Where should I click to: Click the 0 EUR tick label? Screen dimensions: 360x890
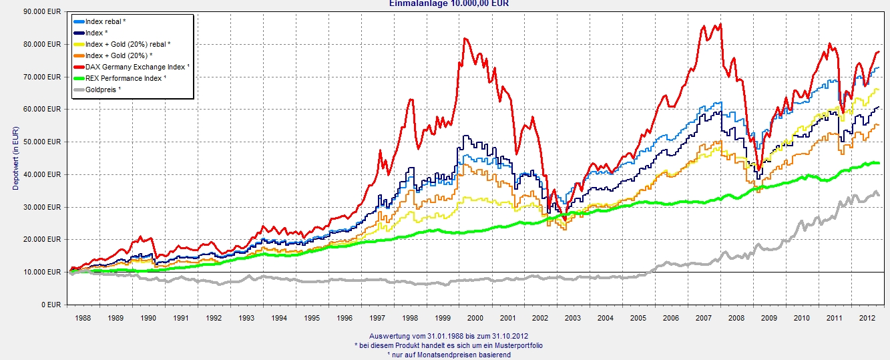pyautogui.click(x=52, y=305)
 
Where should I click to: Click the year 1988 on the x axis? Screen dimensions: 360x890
pyautogui.click(x=82, y=319)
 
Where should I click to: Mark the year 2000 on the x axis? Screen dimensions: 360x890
pyautogui.click(x=475, y=319)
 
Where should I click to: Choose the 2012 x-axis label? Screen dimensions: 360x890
pyautogui.click(x=867, y=319)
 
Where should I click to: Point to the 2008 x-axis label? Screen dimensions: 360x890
pyautogui.click(x=736, y=319)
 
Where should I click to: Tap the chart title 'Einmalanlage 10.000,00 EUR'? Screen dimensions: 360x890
pyautogui.click(x=449, y=3)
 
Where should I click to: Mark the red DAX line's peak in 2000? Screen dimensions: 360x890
pyautogui.click(x=465, y=39)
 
